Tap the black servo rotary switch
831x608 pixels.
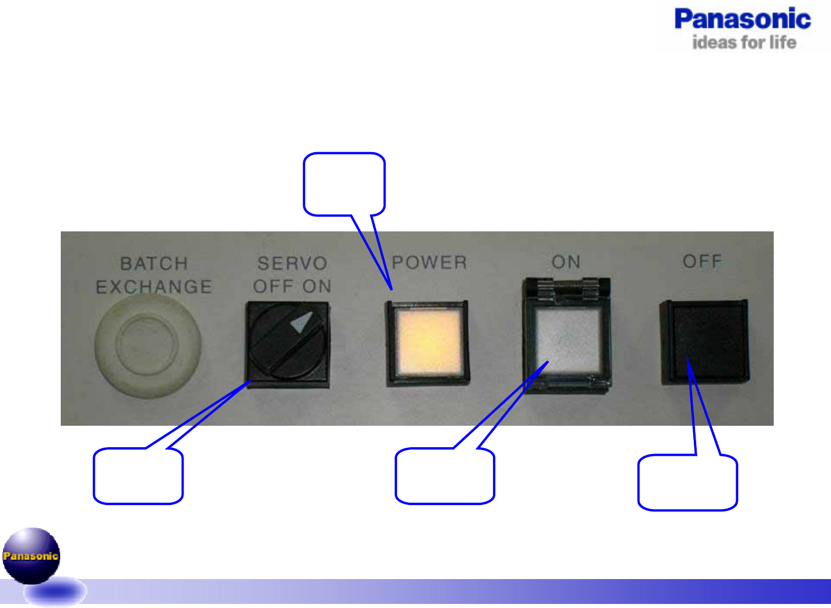click(x=288, y=344)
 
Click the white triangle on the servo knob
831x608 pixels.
click(x=302, y=323)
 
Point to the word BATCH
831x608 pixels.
click(x=154, y=264)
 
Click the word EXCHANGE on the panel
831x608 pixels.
click(x=154, y=287)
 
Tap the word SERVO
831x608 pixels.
click(x=292, y=264)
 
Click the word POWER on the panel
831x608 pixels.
click(x=429, y=263)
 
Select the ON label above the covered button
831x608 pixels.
click(x=566, y=262)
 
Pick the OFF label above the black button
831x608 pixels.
click(x=702, y=261)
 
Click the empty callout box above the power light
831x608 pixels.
click(x=344, y=184)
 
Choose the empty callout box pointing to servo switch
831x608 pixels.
click(x=138, y=476)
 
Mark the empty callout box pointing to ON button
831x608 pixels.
click(x=444, y=476)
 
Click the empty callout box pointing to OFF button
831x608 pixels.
click(x=687, y=482)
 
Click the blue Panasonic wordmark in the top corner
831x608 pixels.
click(x=742, y=20)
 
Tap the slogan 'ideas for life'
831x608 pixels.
click(x=744, y=42)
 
